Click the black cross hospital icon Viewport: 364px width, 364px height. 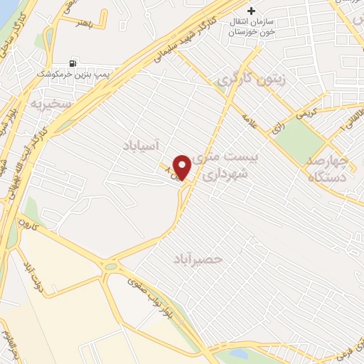pyautogui.click(x=250, y=11)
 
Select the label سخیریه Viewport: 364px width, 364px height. pyautogui.click(x=51, y=104)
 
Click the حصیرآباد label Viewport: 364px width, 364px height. pyautogui.click(x=197, y=260)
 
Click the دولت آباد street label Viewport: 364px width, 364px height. pyautogui.click(x=33, y=279)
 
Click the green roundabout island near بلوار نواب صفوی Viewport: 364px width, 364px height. pyautogui.click(x=110, y=268)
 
